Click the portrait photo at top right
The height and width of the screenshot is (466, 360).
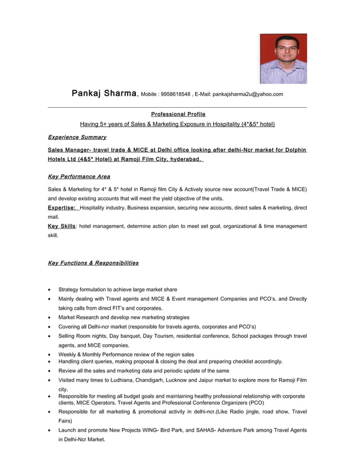pyautogui.click(x=283, y=59)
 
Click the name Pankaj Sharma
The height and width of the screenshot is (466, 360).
pyautogui.click(x=104, y=93)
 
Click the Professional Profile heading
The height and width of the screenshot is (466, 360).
pyautogui.click(x=178, y=114)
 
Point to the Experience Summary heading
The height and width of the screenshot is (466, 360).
pyautogui.click(x=77, y=137)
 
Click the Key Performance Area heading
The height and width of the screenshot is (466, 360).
pyautogui.click(x=79, y=177)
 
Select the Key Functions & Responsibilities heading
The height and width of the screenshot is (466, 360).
pyautogui.click(x=93, y=263)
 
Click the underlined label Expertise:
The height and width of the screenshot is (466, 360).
pyautogui.click(x=62, y=208)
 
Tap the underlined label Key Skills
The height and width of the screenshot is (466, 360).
pyautogui.click(x=62, y=226)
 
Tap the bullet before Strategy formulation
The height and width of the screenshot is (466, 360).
pyautogui.click(x=51, y=290)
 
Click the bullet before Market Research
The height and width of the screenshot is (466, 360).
pyautogui.click(x=51, y=318)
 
